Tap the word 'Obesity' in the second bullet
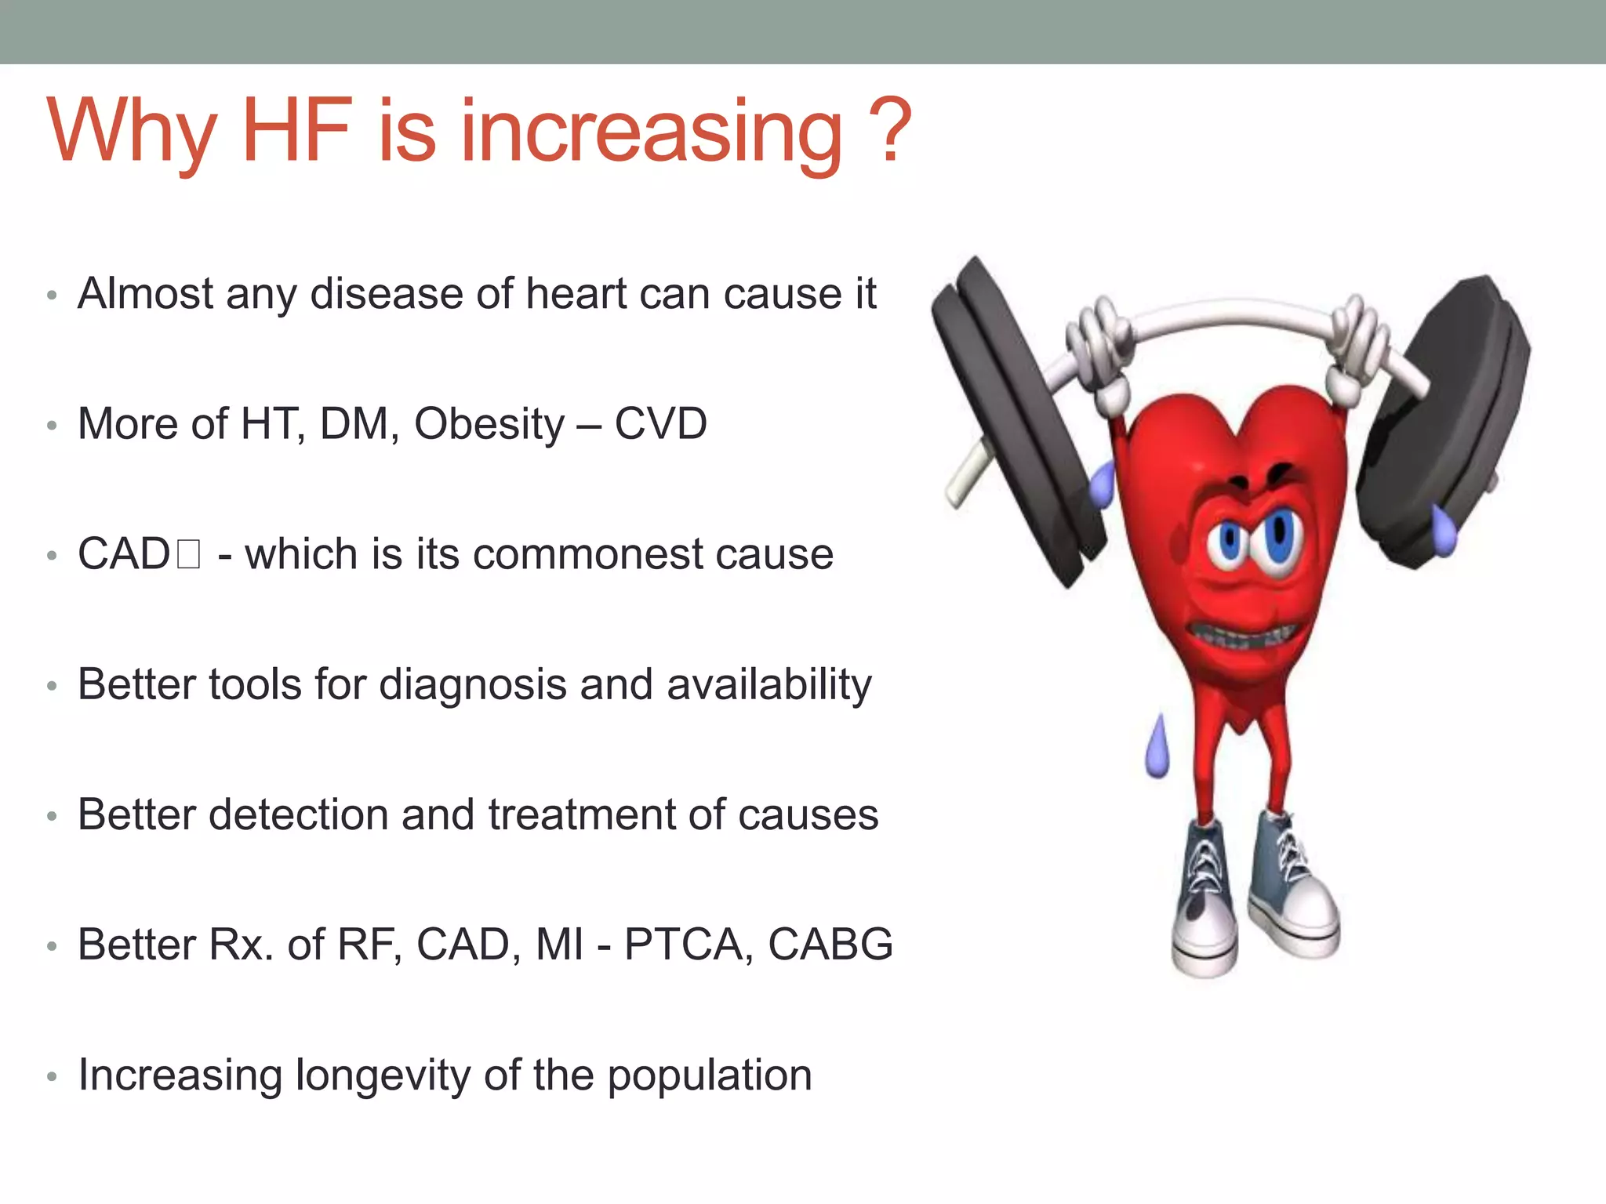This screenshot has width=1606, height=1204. [489, 424]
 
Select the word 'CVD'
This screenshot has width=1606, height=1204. [660, 424]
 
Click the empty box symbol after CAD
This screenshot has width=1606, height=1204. [189, 554]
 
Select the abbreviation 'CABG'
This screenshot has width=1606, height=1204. [830, 945]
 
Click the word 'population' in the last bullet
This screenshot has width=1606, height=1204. [710, 1075]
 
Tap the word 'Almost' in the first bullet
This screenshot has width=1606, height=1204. [144, 294]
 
